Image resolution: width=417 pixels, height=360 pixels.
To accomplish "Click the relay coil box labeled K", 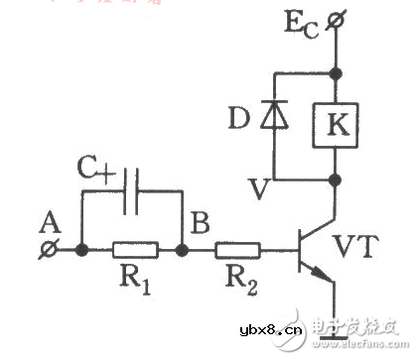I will pyautogui.click(x=336, y=124).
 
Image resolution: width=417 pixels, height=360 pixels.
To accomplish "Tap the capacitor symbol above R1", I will pyautogui.click(x=131, y=196).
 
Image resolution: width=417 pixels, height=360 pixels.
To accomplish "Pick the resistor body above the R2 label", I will pyautogui.click(x=238, y=250).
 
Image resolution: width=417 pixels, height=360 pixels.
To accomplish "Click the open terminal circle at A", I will pyautogui.click(x=45, y=250).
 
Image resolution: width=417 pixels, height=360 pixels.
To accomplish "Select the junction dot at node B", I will pyautogui.click(x=182, y=250).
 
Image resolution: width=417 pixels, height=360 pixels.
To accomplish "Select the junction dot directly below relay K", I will pyautogui.click(x=336, y=180).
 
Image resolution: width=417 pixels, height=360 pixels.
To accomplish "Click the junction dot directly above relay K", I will pyautogui.click(x=336, y=72).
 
